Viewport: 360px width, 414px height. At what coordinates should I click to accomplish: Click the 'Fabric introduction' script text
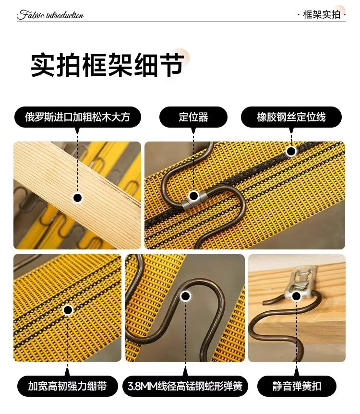click(x=50, y=15)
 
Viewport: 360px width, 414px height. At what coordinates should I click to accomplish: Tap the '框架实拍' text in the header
click(x=322, y=14)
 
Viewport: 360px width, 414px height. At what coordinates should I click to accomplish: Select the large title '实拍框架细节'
click(x=108, y=65)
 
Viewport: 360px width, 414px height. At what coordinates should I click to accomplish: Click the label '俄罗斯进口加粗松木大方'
click(x=77, y=117)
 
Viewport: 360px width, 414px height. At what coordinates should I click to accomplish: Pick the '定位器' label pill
click(x=193, y=117)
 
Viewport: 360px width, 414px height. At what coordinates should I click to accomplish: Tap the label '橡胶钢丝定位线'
click(x=291, y=117)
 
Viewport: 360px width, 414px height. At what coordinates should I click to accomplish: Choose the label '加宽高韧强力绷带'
click(x=67, y=386)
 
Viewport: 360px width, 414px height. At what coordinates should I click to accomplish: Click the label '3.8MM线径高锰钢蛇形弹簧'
click(x=185, y=386)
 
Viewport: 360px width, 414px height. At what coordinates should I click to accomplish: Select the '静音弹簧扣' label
click(x=297, y=386)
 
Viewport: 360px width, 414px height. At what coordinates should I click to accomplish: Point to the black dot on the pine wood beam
click(x=77, y=198)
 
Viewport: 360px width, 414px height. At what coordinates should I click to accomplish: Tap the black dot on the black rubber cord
click(x=291, y=151)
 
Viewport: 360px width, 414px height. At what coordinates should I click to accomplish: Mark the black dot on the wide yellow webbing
click(x=68, y=310)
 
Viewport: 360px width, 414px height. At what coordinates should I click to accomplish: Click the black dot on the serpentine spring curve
click(x=185, y=296)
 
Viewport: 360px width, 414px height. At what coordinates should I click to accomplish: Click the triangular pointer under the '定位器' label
click(x=193, y=130)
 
